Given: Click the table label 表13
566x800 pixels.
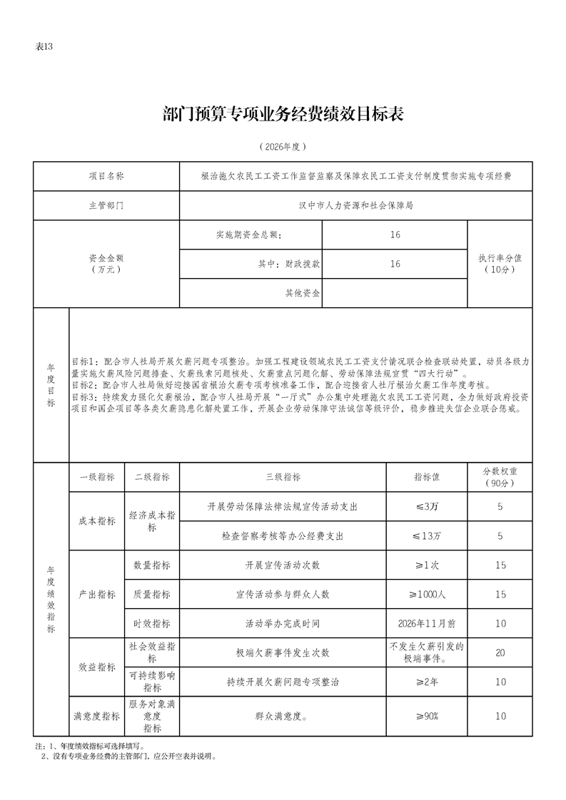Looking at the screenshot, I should click(44, 47).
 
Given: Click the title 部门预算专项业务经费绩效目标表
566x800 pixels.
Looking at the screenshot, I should click(283, 114).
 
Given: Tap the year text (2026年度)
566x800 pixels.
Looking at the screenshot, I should click(283, 147).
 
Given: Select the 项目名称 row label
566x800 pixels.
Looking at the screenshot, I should click(106, 175).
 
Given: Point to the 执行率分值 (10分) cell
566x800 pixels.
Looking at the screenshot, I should click(500, 264).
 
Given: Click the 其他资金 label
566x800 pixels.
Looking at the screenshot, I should click(303, 293).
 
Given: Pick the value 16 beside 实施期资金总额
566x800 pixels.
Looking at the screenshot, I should click(395, 235).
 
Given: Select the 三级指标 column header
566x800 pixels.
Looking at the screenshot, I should click(283, 477).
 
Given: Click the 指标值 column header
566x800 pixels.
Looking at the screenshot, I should click(426, 477).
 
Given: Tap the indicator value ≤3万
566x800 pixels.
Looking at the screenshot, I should click(427, 506).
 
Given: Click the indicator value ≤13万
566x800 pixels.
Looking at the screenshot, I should click(427, 535).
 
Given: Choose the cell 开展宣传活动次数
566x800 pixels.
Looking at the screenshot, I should click(283, 565).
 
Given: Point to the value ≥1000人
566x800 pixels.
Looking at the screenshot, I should click(427, 595).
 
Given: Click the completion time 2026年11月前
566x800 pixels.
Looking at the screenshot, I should click(427, 624).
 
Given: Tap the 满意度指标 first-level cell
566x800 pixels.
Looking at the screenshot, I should click(96, 716).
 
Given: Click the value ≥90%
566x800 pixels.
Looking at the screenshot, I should click(427, 716).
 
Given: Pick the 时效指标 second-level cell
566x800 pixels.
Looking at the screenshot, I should click(152, 624).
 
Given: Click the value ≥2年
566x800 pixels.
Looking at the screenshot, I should click(427, 682).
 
